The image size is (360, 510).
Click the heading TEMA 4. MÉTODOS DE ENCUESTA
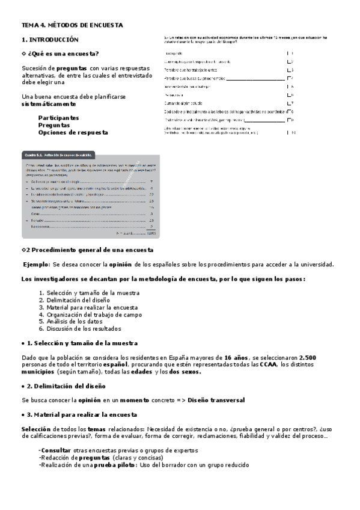[72, 25]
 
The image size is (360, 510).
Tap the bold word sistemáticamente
[49, 104]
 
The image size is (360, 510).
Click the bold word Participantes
[58, 118]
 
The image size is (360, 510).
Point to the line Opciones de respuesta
[73, 132]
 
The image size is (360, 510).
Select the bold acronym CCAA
[268, 365]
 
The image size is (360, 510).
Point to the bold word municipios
[38, 372]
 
